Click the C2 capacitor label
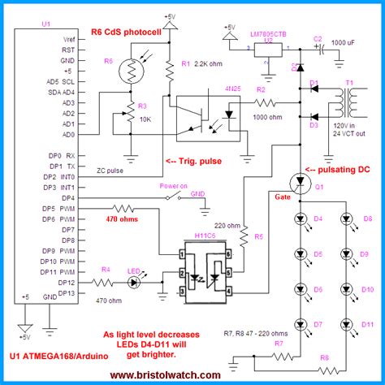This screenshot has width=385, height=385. (x=318, y=38)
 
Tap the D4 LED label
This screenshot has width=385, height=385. (x=318, y=218)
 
